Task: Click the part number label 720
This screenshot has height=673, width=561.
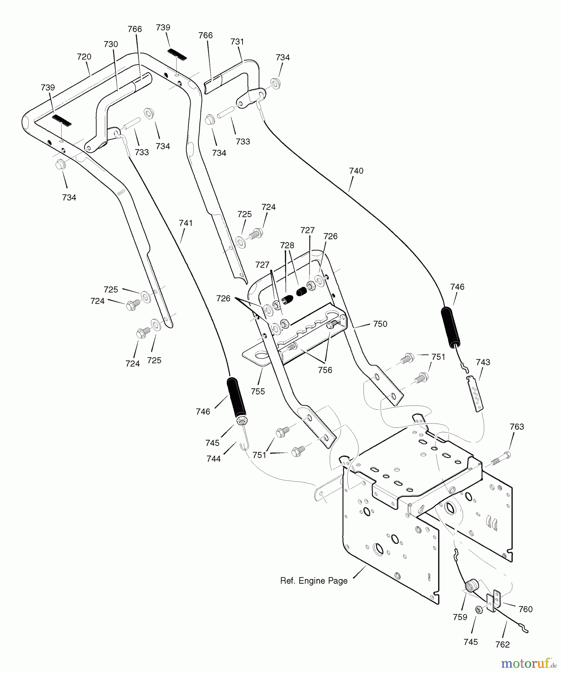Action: point(84,57)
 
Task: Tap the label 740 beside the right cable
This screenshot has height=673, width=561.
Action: point(356,171)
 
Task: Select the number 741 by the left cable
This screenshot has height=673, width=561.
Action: point(186,223)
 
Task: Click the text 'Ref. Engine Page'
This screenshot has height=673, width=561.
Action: point(314,581)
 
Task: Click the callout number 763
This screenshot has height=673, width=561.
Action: point(516,427)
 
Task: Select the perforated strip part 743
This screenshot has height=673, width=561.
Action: point(475,394)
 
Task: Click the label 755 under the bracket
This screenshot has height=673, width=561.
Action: point(257,391)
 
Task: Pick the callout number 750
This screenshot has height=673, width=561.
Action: point(380,324)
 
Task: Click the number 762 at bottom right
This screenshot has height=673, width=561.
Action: point(502,645)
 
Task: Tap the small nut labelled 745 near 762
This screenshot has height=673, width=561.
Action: point(478,610)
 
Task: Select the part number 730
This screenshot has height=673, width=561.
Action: point(111,44)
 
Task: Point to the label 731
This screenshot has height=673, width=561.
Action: point(237,42)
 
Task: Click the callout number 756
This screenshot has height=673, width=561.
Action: point(324,370)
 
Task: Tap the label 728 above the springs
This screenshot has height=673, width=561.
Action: point(287,245)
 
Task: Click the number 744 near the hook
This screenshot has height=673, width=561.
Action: point(213,459)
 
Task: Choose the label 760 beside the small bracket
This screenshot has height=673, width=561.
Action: point(525,609)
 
